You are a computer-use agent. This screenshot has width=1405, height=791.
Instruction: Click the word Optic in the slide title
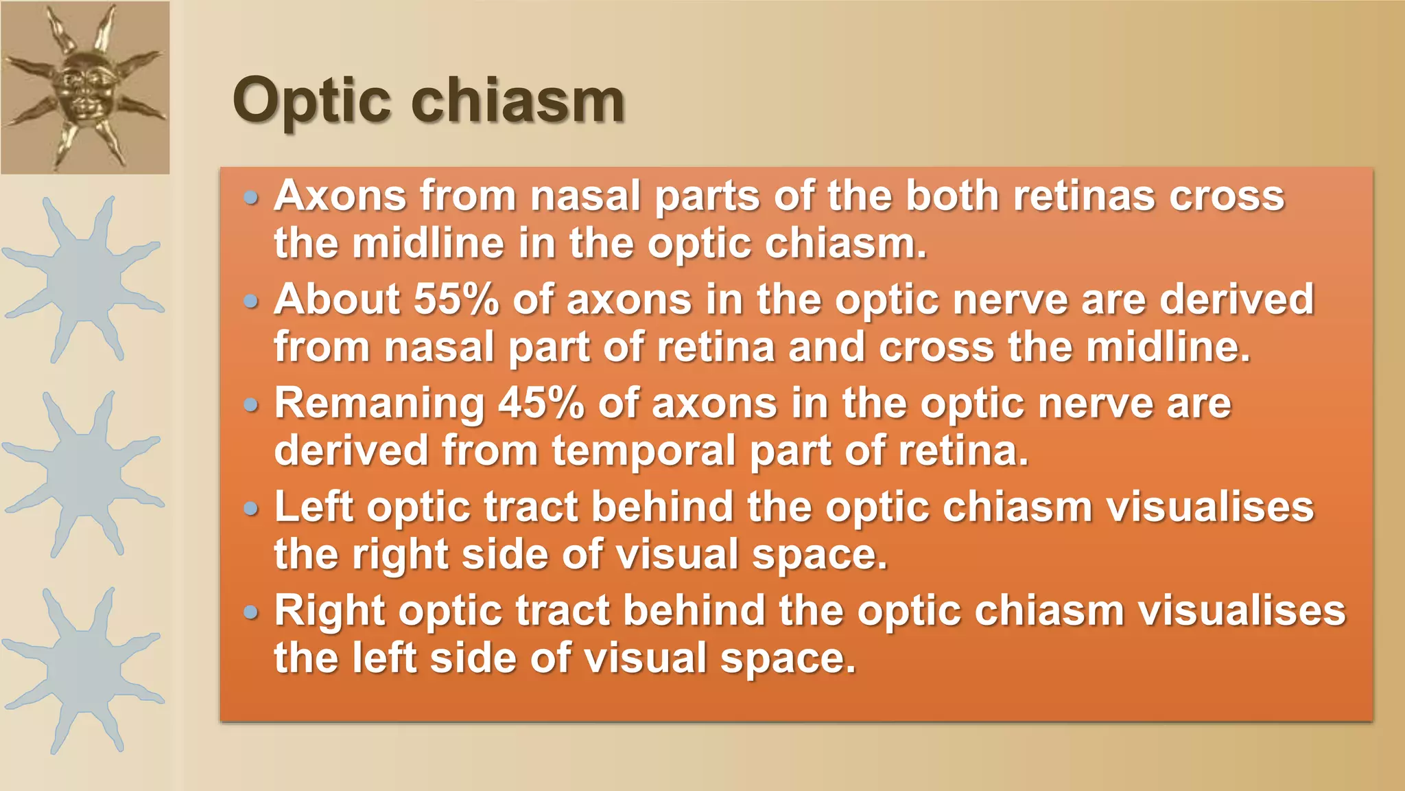coord(311,102)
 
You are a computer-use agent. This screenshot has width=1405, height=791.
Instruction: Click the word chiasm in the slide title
coord(517,100)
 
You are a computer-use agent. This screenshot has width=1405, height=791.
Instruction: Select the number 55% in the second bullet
coord(456,299)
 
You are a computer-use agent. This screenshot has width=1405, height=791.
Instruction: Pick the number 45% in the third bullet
coord(541,403)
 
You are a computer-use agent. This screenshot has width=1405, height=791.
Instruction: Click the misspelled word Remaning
coord(379,404)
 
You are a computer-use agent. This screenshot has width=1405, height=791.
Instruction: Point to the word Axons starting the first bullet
coord(340,196)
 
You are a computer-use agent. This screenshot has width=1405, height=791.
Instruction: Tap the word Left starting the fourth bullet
coord(314,507)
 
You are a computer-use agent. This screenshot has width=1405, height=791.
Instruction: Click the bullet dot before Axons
coord(252,198)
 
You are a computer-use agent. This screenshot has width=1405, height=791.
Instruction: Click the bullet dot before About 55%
coord(252,301)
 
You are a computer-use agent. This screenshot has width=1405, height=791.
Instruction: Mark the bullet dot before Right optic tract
coord(252,612)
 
